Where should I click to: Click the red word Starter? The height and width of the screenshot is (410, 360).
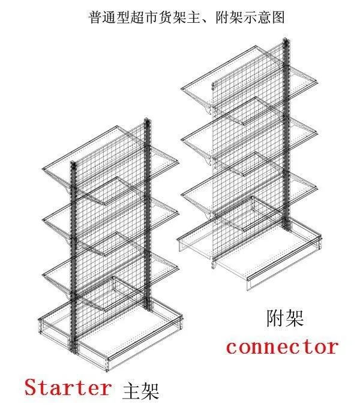point(68,387)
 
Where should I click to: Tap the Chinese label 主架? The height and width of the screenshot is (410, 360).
point(140,390)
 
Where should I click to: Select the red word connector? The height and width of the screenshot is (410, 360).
point(282,346)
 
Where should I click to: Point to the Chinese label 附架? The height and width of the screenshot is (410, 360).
point(285,318)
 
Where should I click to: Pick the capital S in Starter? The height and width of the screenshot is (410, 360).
point(32,387)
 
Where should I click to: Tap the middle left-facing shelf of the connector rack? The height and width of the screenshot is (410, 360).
point(204,139)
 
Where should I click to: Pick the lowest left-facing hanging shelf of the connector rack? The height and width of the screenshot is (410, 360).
point(204,192)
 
